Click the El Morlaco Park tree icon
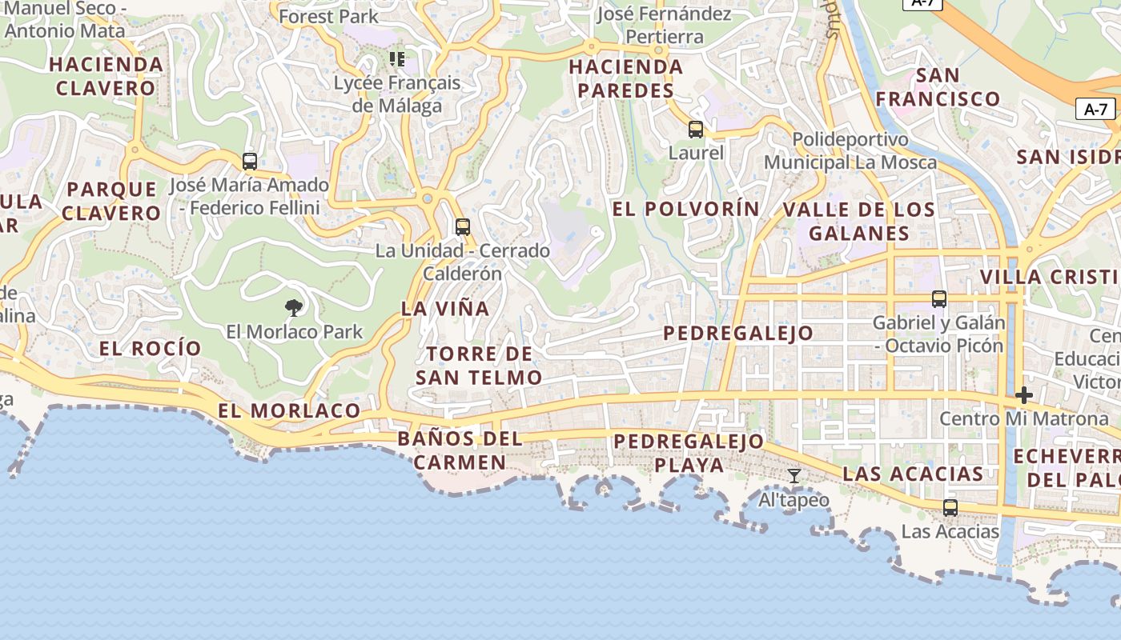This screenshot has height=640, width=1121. click(x=294, y=307)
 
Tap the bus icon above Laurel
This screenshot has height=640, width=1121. click(x=696, y=129)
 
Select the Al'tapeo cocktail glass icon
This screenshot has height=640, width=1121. click(x=794, y=476)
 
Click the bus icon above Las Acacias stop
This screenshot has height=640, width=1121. click(x=950, y=507)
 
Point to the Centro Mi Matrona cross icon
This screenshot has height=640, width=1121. click(x=1023, y=395)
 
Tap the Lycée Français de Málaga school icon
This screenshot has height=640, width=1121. click(x=397, y=58)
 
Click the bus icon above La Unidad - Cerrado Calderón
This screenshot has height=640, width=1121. click(x=462, y=226)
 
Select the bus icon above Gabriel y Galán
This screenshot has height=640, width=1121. click(x=938, y=299)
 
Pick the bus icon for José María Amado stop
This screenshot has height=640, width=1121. click(x=250, y=161)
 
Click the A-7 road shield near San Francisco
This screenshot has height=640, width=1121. click(x=1095, y=110)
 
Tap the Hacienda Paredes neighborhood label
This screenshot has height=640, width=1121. click(x=626, y=78)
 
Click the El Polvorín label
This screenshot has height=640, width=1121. click(x=686, y=209)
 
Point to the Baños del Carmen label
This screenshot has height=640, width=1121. click(x=460, y=450)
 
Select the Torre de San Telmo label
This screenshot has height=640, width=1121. click(x=479, y=366)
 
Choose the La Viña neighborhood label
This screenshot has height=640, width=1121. click(x=444, y=308)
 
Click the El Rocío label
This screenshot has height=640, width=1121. click(x=150, y=348)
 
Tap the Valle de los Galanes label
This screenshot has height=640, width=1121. click(x=858, y=222)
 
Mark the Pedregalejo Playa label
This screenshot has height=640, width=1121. click(x=689, y=453)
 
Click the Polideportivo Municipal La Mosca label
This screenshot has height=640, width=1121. click(x=850, y=151)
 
